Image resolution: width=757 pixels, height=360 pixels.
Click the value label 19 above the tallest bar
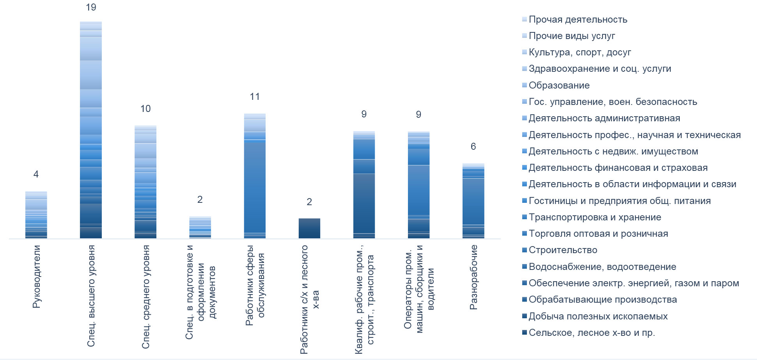click(91, 7)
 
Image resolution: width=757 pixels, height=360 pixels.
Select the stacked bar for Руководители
click(36, 215)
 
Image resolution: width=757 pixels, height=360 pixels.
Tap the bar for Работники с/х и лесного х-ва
click(309, 228)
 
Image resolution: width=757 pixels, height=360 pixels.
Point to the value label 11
click(255, 97)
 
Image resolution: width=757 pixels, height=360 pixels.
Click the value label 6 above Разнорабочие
click(473, 147)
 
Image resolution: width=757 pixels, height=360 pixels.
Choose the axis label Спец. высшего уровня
click(91, 296)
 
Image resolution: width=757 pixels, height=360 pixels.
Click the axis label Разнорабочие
click(473, 277)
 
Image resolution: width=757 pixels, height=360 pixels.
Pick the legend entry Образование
click(559, 85)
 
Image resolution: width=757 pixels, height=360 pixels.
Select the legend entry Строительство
click(563, 250)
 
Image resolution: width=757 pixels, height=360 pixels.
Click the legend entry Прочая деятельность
click(578, 20)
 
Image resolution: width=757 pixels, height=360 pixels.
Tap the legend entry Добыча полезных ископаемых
click(598, 316)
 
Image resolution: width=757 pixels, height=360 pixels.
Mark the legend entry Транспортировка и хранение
click(595, 217)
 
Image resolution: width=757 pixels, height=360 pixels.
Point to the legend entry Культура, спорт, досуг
click(580, 52)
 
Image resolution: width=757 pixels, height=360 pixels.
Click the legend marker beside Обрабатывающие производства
click(525, 300)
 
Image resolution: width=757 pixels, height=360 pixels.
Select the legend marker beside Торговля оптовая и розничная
click(525, 234)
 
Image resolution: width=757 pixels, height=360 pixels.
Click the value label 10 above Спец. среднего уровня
click(145, 109)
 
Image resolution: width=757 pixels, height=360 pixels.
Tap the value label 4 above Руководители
click(36, 174)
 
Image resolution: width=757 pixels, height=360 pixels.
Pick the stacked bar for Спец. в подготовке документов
click(200, 227)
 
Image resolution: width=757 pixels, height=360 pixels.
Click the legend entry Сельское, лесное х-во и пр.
click(592, 333)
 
